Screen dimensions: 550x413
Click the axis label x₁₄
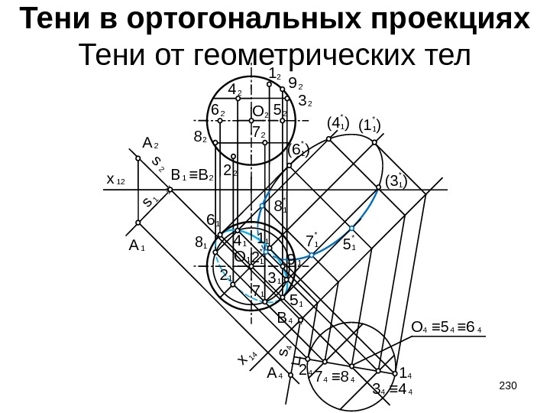(246, 358)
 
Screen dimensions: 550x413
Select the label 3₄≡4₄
(392, 392)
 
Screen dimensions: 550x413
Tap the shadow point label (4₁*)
(337, 122)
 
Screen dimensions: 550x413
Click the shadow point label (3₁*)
(396, 181)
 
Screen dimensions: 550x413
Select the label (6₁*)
(299, 151)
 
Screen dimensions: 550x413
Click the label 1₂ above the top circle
(276, 74)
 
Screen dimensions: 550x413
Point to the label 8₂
(201, 138)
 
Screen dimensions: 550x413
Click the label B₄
(286, 317)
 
